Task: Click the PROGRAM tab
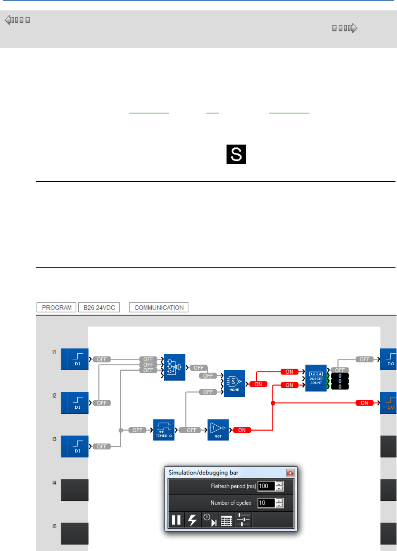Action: [x=56, y=308]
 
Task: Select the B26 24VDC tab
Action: [x=99, y=308]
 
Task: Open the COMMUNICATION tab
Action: [x=159, y=308]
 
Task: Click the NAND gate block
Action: [x=234, y=383]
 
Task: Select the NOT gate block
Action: [x=218, y=429]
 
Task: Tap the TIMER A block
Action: [x=164, y=429]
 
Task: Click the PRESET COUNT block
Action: [x=316, y=378]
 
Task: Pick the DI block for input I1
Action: [x=75, y=359]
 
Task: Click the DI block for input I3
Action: [x=75, y=446]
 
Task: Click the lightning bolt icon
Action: [x=193, y=520]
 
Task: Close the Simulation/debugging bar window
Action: [x=290, y=473]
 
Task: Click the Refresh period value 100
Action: [x=265, y=486]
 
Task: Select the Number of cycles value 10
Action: [x=265, y=503]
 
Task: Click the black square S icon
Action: [x=236, y=154]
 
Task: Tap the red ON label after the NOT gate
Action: [x=242, y=430]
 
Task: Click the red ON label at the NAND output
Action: [x=258, y=384]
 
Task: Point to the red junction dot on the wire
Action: [x=273, y=403]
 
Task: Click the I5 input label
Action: [x=54, y=526]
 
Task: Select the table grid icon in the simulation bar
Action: [x=227, y=521]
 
